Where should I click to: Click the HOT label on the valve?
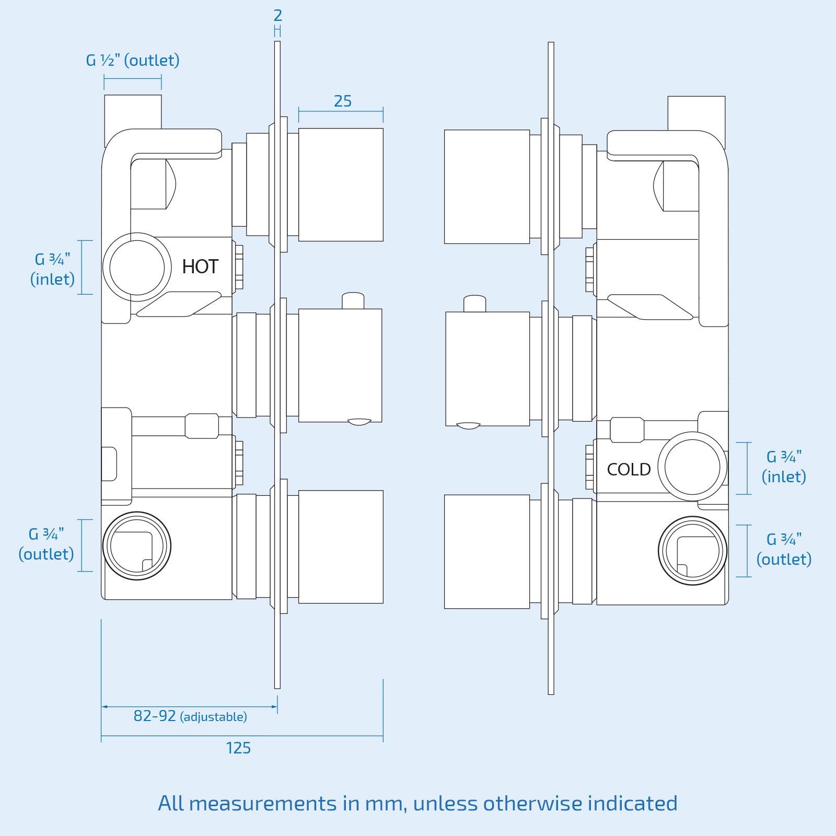pos(200,267)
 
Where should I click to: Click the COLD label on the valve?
pos(629,470)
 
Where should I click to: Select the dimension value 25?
pos(343,101)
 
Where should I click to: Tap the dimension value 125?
pos(238,748)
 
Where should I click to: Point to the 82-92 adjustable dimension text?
pos(190,716)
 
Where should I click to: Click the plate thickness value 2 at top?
pos(277,16)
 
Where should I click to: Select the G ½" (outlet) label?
pos(133,61)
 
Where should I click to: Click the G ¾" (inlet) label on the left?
pos(52,269)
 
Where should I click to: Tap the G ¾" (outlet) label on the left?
pos(46,544)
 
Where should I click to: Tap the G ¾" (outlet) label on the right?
pos(784,549)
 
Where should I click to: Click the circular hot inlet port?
pos(137,267)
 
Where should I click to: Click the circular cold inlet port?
pos(692,467)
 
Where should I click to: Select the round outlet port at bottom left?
pos(136,545)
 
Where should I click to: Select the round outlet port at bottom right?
pos(692,550)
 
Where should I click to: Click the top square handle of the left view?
pos(341,184)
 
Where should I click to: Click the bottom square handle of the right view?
pos(486,552)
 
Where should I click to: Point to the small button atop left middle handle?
pos(353,300)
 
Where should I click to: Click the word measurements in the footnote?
pos(263,803)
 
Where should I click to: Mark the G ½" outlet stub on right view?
pos(696,112)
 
